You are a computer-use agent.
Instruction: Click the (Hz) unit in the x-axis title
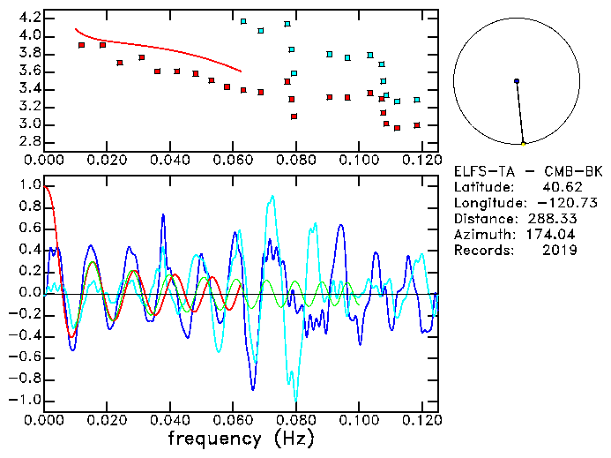click(290, 438)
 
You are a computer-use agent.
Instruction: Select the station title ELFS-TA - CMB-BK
click(528, 171)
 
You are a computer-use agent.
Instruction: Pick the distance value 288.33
click(552, 219)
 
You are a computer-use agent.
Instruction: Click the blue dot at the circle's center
click(517, 81)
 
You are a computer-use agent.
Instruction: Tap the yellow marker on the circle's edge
click(523, 143)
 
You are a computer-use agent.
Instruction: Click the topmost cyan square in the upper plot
click(243, 21)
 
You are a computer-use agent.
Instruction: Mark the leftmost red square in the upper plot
click(81, 45)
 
